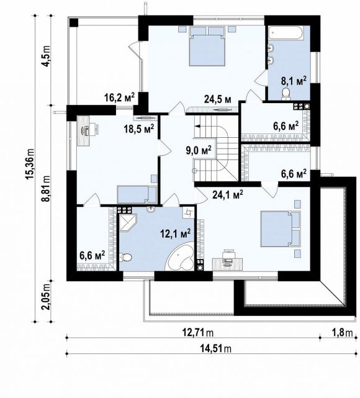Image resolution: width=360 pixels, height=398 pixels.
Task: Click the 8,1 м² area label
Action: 294,81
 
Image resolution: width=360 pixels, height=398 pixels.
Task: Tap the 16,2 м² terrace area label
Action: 119,97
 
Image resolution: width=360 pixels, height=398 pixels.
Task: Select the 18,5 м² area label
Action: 139,129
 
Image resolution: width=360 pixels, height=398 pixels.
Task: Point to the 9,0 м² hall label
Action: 199,151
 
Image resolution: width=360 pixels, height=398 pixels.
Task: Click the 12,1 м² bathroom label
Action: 175,233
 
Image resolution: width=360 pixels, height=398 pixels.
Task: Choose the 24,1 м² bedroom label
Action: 228,194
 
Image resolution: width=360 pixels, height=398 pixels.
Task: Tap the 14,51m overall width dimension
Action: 215,348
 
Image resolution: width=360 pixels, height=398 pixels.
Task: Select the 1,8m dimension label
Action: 342,332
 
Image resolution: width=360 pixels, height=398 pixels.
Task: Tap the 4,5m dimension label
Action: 46,56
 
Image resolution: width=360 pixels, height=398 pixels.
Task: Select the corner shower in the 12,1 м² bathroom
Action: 128,223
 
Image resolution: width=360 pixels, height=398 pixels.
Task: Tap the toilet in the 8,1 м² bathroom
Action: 286,93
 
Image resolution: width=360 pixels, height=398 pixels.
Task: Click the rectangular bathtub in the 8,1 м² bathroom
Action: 286,33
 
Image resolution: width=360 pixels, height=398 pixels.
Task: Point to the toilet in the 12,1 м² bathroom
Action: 125,258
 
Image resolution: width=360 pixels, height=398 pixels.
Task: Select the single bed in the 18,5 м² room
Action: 137,194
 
